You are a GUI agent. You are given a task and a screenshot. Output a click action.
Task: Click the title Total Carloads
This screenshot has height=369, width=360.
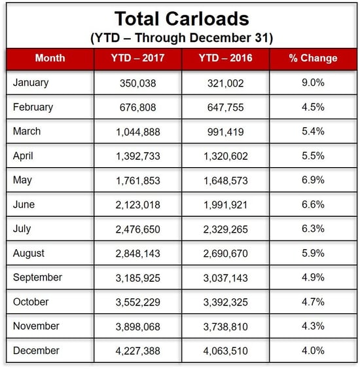point(182,18)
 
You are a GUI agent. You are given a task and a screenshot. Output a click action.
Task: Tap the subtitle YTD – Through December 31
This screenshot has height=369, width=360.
point(182,38)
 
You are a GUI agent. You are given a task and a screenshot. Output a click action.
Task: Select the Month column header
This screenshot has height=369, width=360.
point(50,58)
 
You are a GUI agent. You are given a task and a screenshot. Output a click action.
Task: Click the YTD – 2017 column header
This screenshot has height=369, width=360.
point(137,58)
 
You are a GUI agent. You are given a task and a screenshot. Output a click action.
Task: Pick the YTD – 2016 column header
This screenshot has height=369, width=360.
point(226,58)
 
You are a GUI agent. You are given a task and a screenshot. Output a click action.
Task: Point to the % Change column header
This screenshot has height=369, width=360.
point(314,58)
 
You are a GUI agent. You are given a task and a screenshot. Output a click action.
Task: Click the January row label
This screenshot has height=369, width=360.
point(31,83)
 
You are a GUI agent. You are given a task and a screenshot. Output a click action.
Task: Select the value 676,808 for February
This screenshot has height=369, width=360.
point(137,107)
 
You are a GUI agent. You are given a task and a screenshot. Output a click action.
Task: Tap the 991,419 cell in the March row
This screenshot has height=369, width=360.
point(226,132)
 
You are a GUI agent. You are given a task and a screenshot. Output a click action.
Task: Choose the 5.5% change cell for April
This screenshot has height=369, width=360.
point(314,156)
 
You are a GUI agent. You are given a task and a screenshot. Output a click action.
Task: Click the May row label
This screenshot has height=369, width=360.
point(22,180)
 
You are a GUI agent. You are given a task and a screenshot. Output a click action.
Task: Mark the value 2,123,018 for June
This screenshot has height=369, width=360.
point(137,205)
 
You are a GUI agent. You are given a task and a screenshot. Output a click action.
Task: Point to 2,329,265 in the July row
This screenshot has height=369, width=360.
point(226,229)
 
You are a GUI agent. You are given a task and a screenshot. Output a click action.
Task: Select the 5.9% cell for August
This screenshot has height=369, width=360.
point(314,253)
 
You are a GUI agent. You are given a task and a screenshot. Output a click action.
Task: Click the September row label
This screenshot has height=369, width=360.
point(37,278)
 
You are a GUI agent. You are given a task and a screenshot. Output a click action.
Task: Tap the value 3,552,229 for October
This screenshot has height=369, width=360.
point(137,302)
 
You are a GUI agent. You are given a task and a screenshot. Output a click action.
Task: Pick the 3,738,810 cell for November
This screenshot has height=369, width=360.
point(226,327)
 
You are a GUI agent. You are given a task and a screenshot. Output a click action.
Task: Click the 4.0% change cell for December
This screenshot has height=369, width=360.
point(314,351)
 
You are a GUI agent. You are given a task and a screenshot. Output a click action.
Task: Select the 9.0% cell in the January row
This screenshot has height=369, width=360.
point(314,83)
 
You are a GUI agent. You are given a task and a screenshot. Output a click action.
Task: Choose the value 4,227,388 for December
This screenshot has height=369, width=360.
point(137,351)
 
